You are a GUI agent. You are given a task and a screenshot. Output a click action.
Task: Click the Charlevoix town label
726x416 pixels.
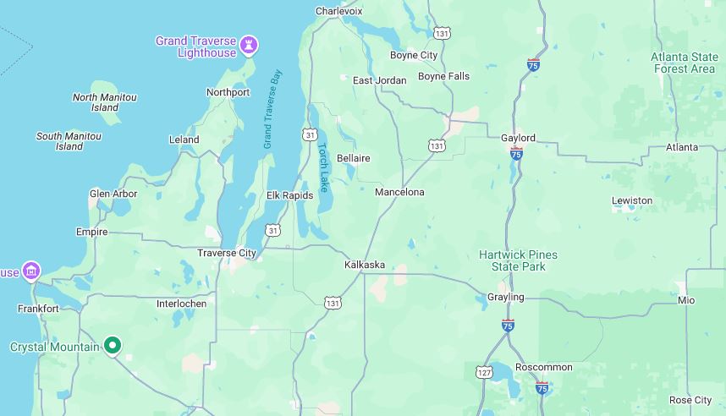(338, 11)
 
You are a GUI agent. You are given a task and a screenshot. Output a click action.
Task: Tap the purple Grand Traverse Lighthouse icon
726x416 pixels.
(249, 44)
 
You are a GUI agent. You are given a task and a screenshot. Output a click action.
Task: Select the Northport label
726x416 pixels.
(228, 92)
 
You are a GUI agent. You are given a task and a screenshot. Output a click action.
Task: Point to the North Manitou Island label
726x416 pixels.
(105, 102)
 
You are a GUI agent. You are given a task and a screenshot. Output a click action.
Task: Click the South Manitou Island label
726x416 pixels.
(69, 141)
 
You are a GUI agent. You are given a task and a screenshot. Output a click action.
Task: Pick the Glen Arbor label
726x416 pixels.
(113, 194)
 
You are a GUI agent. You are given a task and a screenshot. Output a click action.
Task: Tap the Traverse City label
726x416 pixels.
(226, 253)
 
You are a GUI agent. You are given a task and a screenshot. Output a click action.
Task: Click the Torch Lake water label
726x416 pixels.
(323, 167)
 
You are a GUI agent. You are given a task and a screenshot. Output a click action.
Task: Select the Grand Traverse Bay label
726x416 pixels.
(272, 109)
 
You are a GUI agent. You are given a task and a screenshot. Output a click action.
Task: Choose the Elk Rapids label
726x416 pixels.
(289, 195)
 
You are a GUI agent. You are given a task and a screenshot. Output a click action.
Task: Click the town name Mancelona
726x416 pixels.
(399, 192)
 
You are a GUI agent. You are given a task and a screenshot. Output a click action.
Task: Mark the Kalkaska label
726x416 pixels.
(365, 265)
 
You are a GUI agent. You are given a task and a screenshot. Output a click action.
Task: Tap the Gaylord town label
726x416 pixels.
(518, 138)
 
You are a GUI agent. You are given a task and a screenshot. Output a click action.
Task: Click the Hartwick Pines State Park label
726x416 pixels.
(518, 260)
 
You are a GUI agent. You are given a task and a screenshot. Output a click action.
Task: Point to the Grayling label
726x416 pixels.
(506, 297)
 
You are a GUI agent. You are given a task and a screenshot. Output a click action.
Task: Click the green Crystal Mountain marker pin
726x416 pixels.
(113, 344)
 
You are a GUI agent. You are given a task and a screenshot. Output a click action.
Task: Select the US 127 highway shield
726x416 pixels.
(483, 371)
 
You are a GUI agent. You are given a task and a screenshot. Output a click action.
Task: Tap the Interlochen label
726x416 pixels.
(181, 304)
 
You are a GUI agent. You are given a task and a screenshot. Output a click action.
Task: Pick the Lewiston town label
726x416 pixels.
(632, 200)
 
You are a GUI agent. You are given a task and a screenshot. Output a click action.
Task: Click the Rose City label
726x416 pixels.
(690, 400)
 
